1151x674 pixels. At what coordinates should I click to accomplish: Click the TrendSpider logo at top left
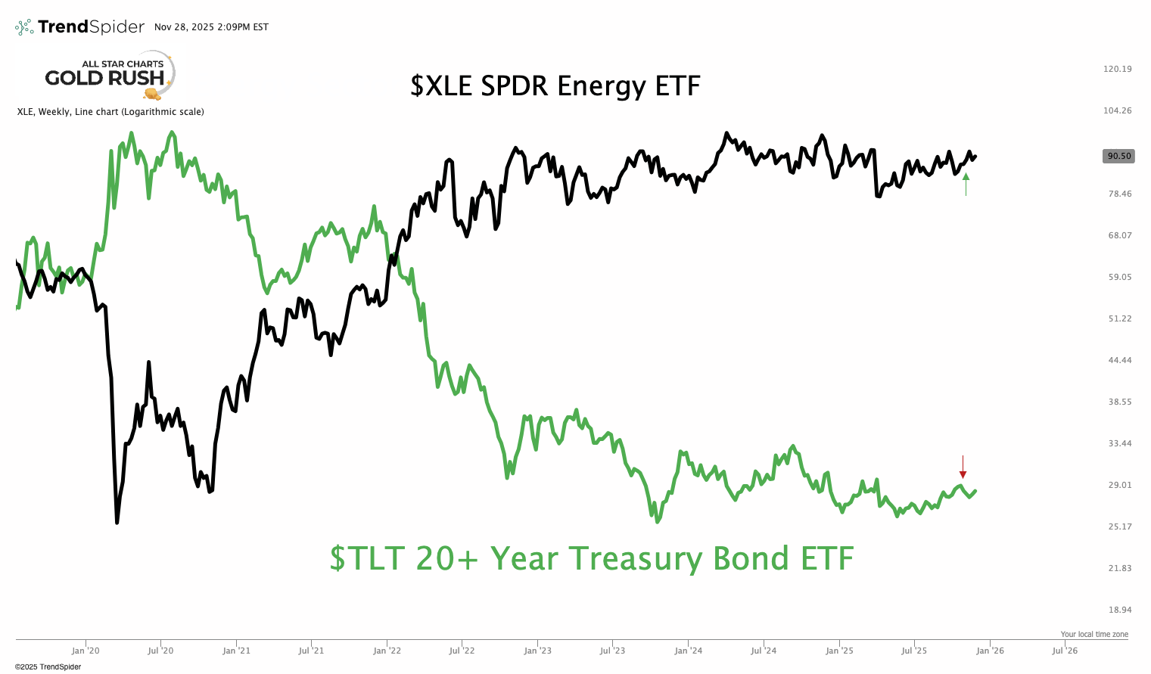(x=79, y=27)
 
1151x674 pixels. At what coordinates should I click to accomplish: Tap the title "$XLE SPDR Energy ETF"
(x=555, y=85)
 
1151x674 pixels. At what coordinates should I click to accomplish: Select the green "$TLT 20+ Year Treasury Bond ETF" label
(x=591, y=558)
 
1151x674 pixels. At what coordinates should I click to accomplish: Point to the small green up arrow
(x=966, y=184)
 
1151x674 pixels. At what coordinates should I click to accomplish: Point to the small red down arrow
(x=963, y=464)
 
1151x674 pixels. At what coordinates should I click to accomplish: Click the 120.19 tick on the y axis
(x=1118, y=69)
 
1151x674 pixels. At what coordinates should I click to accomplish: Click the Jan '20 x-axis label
(x=86, y=651)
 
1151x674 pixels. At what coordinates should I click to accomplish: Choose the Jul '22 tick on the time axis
(x=462, y=651)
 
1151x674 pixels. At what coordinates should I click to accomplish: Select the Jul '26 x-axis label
(x=1065, y=651)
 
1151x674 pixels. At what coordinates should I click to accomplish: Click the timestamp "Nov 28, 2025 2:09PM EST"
(x=211, y=27)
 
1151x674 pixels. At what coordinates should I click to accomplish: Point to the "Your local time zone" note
(x=1093, y=634)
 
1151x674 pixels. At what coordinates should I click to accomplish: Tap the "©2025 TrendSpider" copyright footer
(x=48, y=666)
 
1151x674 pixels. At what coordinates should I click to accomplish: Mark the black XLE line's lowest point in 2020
(x=117, y=522)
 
